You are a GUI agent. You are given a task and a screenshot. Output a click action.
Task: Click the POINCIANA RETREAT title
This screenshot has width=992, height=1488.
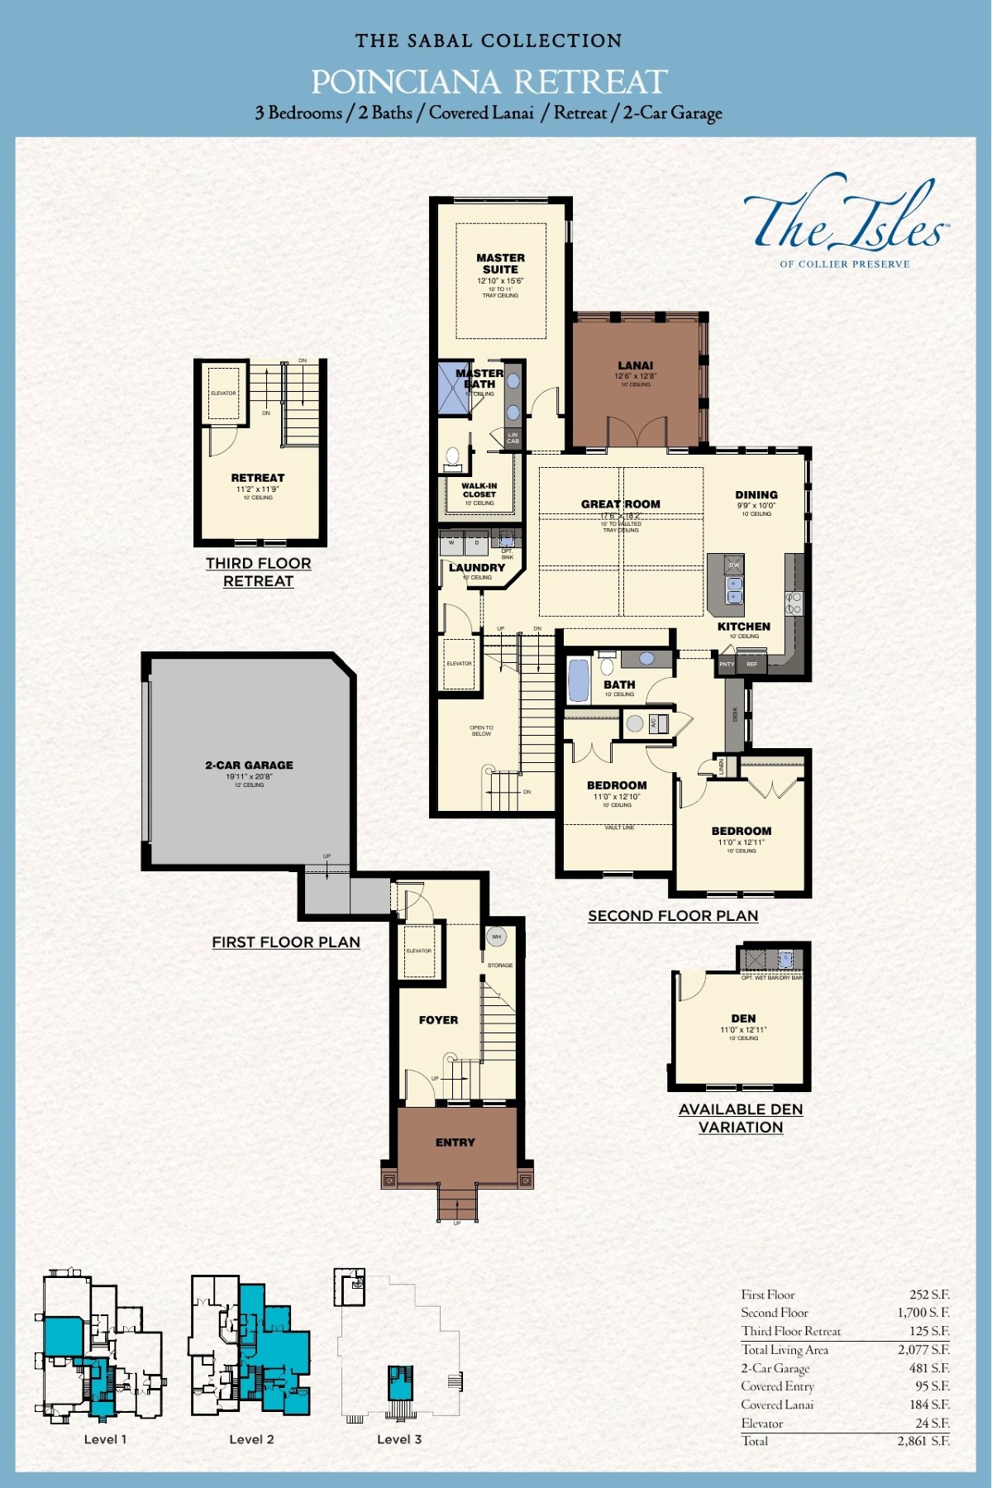(x=489, y=82)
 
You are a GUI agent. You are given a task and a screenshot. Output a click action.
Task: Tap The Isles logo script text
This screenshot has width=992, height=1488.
(x=843, y=221)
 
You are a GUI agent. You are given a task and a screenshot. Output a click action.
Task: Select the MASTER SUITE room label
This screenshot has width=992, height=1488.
(x=500, y=264)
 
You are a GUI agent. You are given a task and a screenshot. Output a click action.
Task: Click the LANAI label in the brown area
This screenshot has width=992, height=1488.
(x=635, y=365)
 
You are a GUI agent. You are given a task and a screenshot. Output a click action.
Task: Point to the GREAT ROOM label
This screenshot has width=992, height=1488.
(x=620, y=503)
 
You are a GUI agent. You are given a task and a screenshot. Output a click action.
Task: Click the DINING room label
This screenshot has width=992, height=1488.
(x=756, y=495)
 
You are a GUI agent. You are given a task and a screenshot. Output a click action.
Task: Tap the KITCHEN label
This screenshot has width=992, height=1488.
(x=743, y=627)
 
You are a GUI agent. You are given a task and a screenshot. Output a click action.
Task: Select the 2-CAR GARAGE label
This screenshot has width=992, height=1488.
(x=249, y=765)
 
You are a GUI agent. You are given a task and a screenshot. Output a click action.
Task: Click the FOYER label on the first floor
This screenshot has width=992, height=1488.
(x=438, y=1020)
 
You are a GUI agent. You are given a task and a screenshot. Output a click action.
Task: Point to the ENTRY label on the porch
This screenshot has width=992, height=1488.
(x=455, y=1142)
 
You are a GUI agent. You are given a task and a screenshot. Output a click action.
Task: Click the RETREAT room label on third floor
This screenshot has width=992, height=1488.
(x=257, y=478)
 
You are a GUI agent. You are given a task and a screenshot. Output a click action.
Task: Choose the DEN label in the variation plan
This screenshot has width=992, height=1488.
(x=743, y=1018)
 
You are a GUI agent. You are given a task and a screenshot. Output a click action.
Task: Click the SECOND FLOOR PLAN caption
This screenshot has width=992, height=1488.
(x=672, y=916)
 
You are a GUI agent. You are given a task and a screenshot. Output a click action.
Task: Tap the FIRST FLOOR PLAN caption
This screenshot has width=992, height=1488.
(x=286, y=942)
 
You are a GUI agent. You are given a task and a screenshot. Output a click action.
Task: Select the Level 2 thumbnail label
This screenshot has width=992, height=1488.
(x=251, y=1439)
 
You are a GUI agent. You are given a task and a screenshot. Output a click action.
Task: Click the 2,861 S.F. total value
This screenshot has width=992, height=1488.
(x=923, y=1441)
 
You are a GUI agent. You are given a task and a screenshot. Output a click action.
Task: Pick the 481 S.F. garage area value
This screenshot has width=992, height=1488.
(x=928, y=1368)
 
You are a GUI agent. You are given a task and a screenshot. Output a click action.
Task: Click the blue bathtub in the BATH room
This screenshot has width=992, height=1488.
(x=579, y=680)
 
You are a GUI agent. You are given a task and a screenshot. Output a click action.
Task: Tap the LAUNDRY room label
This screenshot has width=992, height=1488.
(x=476, y=568)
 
